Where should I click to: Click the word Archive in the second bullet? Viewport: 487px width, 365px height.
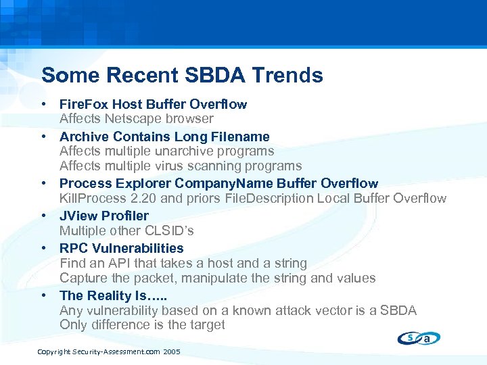pos(83,137)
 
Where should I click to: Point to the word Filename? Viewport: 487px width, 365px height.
pos(241,137)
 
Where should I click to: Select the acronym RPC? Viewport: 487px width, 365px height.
pos(73,248)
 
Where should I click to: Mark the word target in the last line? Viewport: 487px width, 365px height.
pos(206,324)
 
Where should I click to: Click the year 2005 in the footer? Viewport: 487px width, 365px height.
pos(172,352)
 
